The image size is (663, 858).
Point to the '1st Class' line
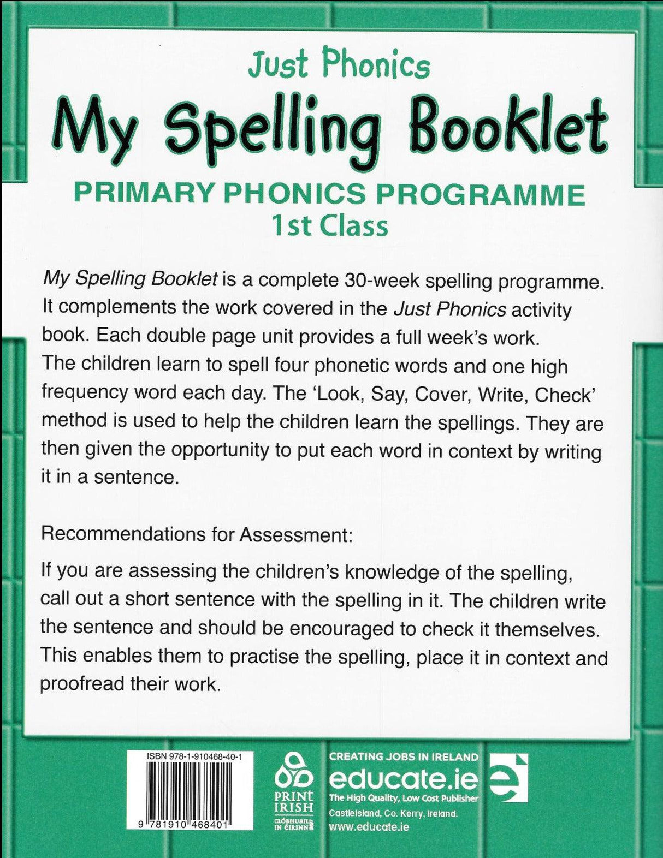pyautogui.click(x=330, y=225)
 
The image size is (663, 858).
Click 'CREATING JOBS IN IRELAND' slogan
pyautogui.click(x=403, y=756)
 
